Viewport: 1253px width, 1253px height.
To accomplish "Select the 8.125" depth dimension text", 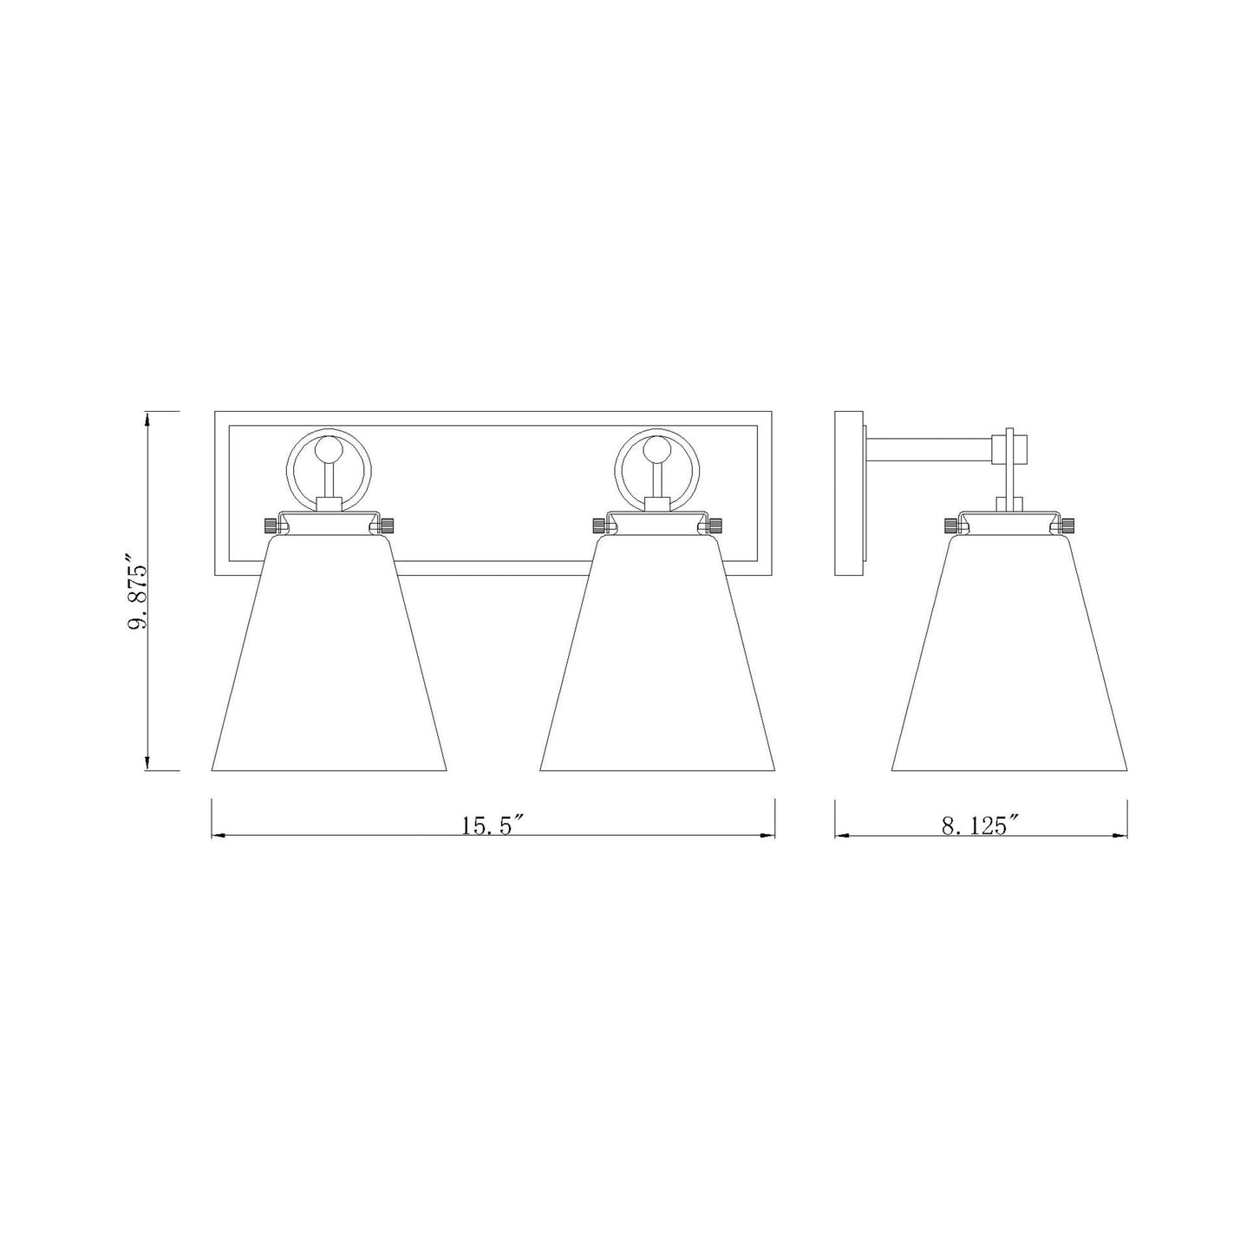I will click(980, 826).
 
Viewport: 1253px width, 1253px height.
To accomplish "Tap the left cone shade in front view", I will click(329, 659).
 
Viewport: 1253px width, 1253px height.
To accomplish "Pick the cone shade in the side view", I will click(1008, 659).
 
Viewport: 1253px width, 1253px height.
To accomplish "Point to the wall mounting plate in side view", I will click(849, 494).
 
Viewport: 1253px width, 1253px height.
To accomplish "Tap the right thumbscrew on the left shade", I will click(387, 525).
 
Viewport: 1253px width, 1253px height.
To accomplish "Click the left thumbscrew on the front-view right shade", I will click(598, 525).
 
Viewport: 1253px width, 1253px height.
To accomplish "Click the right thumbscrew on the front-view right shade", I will click(715, 525).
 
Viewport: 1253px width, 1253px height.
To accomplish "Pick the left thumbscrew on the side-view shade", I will click(950, 525).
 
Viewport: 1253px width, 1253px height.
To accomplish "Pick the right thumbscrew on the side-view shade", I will click(1067, 525).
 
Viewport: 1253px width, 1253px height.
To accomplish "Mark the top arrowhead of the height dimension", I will click(149, 418).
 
